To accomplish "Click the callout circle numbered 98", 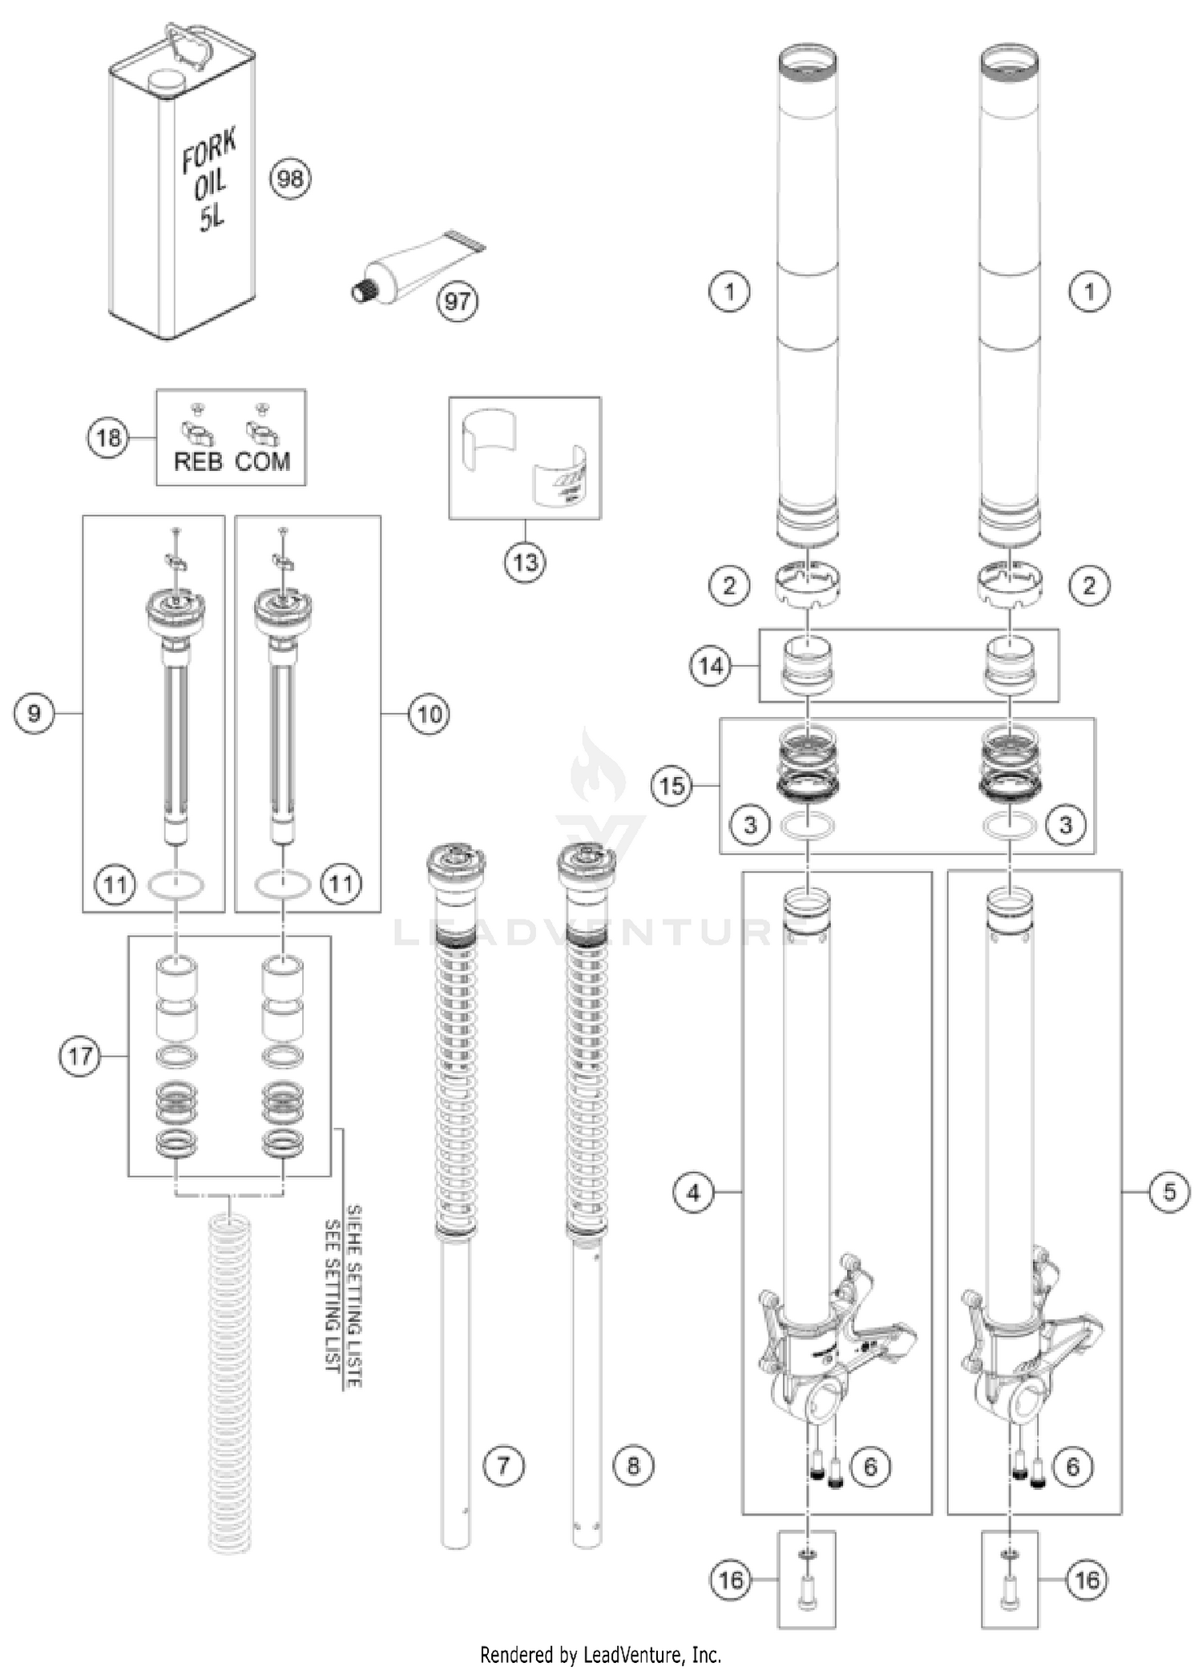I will click(x=289, y=178).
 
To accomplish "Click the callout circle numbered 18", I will click(x=108, y=437).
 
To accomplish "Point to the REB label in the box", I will click(x=197, y=461).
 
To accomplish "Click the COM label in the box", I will click(x=263, y=461).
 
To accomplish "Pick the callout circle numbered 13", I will click(x=525, y=562).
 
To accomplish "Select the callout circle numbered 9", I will click(x=34, y=713).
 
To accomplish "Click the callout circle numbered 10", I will click(x=430, y=713).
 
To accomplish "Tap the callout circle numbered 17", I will click(x=80, y=1056).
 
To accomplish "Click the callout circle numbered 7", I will click(x=503, y=1465).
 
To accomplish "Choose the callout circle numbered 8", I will click(x=633, y=1465).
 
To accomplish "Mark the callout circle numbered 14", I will click(x=712, y=666).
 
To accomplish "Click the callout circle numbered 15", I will click(x=672, y=786).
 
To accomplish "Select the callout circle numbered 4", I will click(x=693, y=1193).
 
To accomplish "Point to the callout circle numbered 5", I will click(x=1169, y=1193).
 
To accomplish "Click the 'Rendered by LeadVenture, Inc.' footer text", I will click(x=600, y=1653).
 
